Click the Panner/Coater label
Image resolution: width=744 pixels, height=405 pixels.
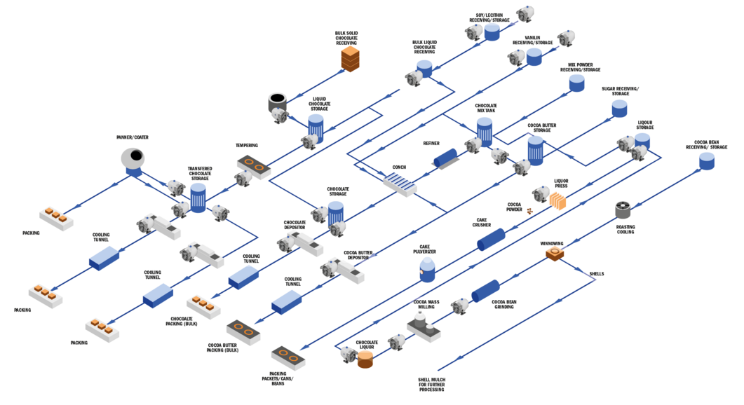pos(133,138)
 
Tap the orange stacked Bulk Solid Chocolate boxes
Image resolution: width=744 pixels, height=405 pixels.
pos(350,58)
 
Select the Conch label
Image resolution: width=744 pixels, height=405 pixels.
pos(399,167)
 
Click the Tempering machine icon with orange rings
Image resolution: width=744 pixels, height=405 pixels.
pos(252,167)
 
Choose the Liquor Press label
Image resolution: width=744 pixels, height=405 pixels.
pos(562,183)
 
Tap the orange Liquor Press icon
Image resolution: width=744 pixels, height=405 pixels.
pos(557,202)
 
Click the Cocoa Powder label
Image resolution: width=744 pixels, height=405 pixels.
pos(514,207)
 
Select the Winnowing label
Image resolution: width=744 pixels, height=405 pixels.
pos(551,242)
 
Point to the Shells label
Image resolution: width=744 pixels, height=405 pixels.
pos(597,274)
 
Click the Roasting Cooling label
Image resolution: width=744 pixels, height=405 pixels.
pos(625,228)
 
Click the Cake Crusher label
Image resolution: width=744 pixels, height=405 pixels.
pos(482,223)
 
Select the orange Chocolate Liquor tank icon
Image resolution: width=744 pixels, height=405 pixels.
pos(365,360)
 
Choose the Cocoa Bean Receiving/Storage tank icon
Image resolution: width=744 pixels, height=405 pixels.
pos(707,162)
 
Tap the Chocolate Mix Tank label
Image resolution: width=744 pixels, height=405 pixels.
pos(485,109)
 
